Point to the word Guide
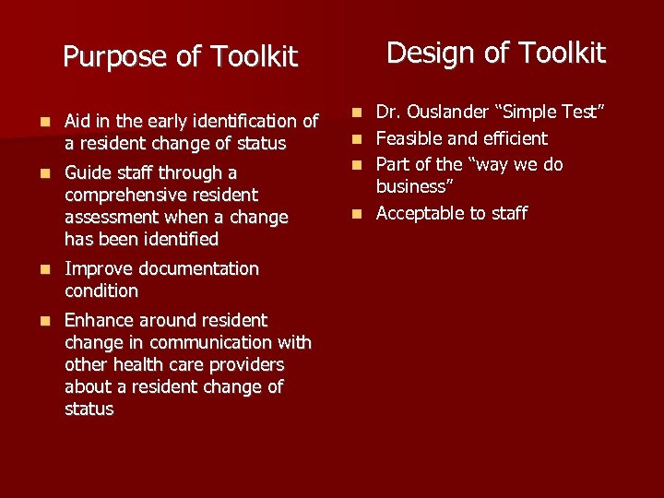click(x=89, y=172)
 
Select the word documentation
click(x=199, y=268)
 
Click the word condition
click(x=101, y=290)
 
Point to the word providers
click(x=245, y=364)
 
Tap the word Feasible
click(x=412, y=138)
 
